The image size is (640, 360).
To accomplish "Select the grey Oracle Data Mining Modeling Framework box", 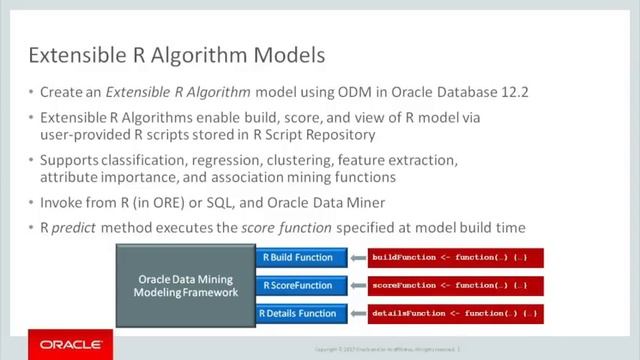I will point(186,285).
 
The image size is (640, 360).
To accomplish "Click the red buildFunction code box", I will point(456,258).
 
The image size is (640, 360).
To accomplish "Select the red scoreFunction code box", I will point(456,286).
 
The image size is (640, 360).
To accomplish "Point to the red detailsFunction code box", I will point(456,314).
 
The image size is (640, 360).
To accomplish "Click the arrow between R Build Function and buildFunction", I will point(356,258).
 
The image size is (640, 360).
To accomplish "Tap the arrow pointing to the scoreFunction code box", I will point(356,286).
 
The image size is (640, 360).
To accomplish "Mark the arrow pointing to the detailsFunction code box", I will point(356,314).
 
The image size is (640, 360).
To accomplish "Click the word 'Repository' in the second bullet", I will point(340,134).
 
